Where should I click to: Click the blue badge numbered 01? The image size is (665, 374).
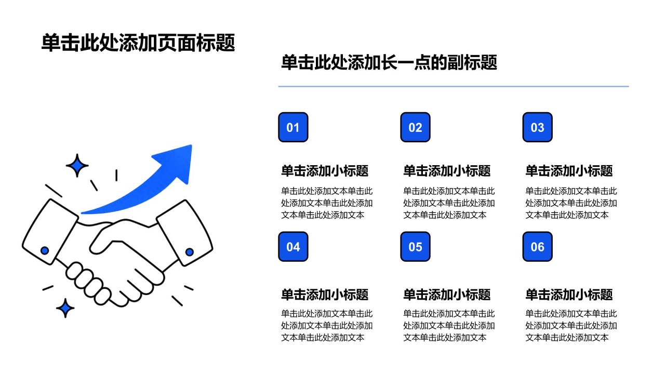click(x=293, y=127)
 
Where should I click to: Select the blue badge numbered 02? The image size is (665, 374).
click(x=415, y=127)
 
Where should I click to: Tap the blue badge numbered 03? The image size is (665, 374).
click(x=538, y=127)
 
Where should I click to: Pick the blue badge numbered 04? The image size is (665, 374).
click(x=293, y=247)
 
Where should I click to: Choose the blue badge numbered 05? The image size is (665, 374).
click(x=415, y=247)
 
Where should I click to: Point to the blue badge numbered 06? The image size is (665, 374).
click(x=538, y=247)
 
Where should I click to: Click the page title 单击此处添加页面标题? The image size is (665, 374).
click(x=138, y=43)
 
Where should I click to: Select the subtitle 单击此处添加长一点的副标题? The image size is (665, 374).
click(x=389, y=62)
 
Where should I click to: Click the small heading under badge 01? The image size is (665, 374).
click(x=325, y=171)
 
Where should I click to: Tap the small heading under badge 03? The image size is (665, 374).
click(x=569, y=171)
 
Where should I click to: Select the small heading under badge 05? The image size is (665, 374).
click(x=447, y=295)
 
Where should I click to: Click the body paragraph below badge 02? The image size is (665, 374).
click(x=449, y=203)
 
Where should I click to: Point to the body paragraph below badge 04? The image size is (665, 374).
click(x=327, y=325)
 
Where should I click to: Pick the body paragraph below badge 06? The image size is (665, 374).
click(x=571, y=325)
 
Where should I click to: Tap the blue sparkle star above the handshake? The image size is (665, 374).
click(x=77, y=165)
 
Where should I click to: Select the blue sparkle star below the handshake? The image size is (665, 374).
click(x=65, y=308)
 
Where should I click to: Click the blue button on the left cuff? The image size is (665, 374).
click(x=45, y=250)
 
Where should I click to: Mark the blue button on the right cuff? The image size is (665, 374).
click(x=190, y=252)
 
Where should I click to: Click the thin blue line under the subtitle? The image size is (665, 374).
click(x=454, y=86)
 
